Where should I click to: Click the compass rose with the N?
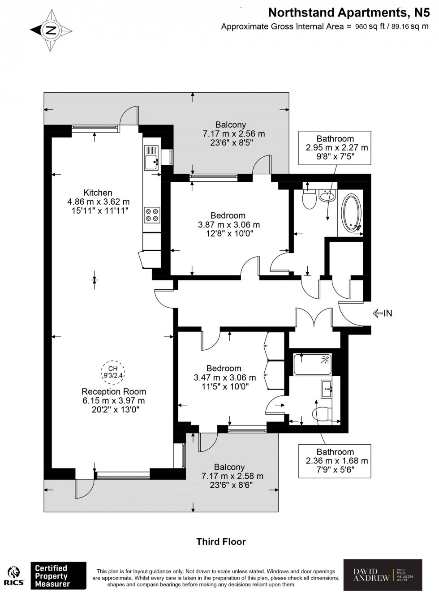click(51, 30)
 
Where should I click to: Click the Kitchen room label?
click(98, 193)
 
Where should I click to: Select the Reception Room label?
click(114, 391)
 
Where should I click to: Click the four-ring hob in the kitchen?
click(152, 215)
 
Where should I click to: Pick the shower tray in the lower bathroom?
click(312, 365)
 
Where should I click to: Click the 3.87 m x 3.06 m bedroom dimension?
click(229, 225)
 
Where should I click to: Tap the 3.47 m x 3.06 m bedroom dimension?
click(224, 378)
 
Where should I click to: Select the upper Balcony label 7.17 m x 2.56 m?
click(233, 133)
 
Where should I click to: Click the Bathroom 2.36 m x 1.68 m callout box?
click(335, 461)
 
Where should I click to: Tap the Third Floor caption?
click(221, 541)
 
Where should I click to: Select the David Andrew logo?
click(382, 575)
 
